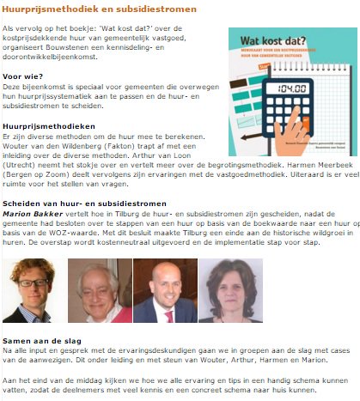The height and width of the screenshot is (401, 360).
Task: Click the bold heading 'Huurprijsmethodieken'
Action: click(x=44, y=126)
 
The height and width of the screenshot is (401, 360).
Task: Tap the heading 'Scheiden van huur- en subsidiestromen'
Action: click(x=84, y=203)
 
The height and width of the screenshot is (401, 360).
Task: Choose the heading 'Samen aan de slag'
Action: click(x=38, y=340)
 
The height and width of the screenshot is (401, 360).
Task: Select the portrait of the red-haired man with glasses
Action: click(x=33, y=289)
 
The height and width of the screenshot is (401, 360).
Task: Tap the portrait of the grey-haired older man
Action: click(x=98, y=290)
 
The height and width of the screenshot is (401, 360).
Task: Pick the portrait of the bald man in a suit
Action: click(x=164, y=290)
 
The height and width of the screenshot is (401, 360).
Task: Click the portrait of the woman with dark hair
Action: click(x=230, y=290)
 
